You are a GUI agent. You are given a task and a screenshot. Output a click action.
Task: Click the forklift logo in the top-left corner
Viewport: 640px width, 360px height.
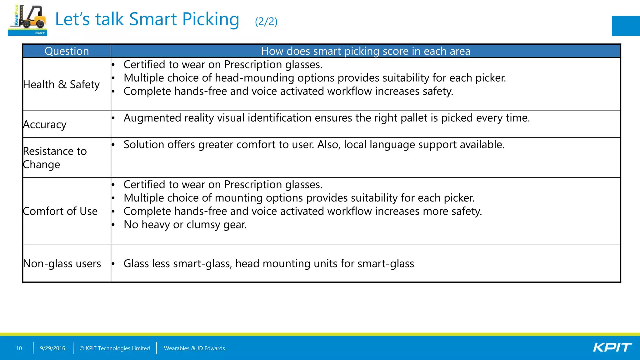27,20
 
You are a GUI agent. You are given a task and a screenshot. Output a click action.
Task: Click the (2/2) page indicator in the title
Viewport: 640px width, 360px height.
266,22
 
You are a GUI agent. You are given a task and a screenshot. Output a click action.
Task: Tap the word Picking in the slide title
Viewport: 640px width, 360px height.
211,19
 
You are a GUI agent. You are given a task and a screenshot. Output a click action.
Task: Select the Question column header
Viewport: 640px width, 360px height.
67,51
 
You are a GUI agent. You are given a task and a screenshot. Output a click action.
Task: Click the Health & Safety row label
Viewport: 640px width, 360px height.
61,84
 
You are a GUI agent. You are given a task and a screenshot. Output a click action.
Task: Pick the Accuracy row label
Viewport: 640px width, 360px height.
45,124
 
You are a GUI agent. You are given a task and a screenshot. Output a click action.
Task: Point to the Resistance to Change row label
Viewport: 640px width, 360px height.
55,157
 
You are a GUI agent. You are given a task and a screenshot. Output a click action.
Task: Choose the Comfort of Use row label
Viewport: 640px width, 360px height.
60,211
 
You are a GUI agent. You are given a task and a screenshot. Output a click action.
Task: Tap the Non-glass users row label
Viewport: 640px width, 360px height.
62,263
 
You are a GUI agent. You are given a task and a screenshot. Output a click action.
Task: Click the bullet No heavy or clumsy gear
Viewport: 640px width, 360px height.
185,225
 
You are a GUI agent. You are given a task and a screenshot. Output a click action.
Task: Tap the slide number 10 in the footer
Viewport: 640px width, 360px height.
19,348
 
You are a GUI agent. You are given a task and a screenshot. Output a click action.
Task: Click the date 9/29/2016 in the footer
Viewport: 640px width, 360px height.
52,348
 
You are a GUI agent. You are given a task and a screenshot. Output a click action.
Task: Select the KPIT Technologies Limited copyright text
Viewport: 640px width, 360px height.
115,348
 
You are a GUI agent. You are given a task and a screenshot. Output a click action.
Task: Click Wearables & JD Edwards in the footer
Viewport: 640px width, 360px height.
194,348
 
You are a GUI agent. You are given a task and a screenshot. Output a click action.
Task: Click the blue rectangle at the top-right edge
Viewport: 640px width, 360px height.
626,26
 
